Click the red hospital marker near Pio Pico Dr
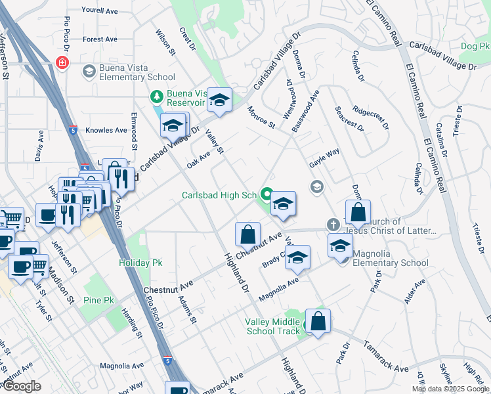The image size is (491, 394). point(62,63)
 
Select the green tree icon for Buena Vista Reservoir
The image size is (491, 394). point(157,97)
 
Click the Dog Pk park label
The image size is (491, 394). point(475,46)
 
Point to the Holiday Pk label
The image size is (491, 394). point(140,263)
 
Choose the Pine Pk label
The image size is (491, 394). point(99,300)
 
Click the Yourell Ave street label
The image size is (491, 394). point(99,11)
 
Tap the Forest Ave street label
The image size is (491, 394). point(100,39)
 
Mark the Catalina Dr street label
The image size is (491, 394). point(444,141)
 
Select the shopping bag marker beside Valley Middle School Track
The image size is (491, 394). point(318,322)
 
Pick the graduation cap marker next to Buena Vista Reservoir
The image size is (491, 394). point(220,100)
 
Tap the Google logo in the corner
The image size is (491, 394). point(22,386)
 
